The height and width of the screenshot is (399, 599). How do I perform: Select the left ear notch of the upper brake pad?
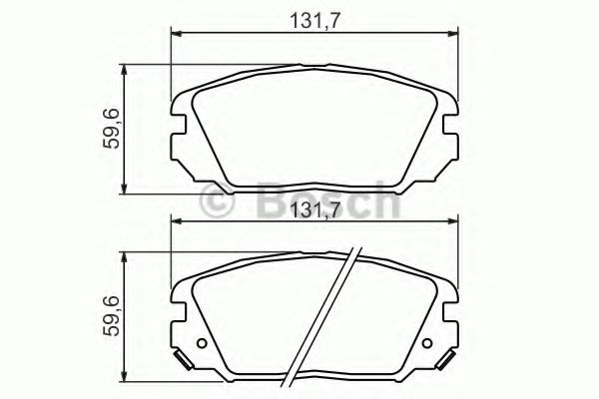click(180, 125)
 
